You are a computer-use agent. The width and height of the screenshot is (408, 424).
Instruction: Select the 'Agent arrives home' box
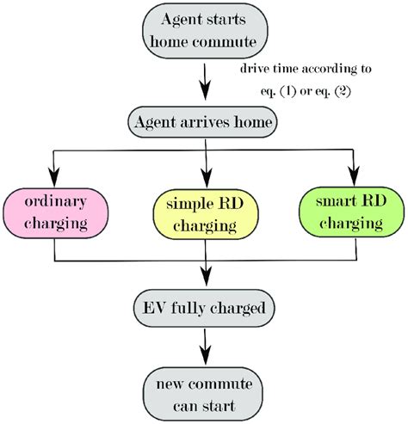(x=203, y=122)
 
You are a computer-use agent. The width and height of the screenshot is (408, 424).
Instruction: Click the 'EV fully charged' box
(x=203, y=307)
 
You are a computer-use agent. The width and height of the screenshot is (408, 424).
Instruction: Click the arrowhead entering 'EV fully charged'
(x=203, y=280)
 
